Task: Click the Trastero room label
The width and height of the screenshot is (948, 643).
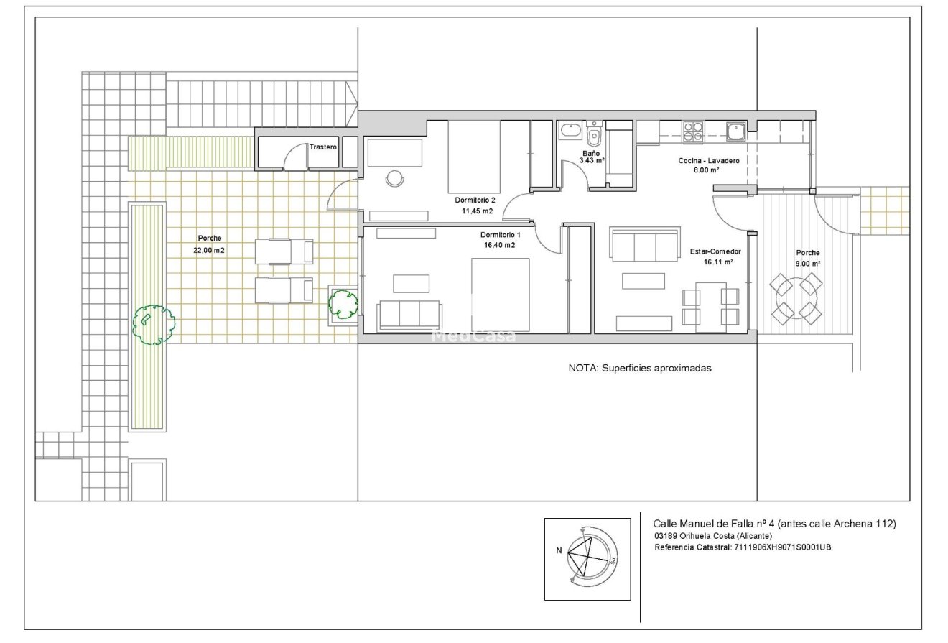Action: (323, 147)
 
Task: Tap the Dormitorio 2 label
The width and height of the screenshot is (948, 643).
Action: (475, 200)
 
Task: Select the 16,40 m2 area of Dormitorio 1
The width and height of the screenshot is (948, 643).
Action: (499, 245)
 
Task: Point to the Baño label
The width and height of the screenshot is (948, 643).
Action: (591, 153)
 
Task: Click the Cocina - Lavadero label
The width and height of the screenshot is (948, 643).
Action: (709, 160)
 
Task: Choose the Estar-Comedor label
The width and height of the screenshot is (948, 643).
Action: (715, 251)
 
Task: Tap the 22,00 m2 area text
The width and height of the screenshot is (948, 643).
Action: (209, 250)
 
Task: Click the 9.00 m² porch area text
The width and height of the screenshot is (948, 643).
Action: (808, 263)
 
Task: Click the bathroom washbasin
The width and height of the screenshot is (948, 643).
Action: (570, 130)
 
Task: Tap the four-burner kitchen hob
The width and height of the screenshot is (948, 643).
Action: (693, 131)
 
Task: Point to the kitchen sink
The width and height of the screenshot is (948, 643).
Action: (736, 131)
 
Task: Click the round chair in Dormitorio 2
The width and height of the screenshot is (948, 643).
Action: (394, 178)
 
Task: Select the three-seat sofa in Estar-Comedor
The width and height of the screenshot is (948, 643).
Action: (645, 244)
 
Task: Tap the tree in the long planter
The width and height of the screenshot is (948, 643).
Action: (154, 325)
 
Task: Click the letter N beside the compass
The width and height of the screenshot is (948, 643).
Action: (559, 551)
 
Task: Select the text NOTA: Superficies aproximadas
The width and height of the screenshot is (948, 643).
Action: (639, 369)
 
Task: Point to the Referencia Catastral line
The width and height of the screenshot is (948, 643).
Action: (743, 547)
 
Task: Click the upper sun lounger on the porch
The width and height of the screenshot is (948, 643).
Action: (284, 251)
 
